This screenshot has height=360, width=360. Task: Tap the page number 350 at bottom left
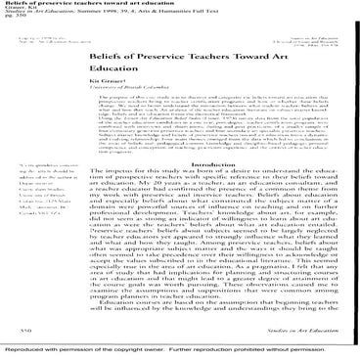(21, 333)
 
